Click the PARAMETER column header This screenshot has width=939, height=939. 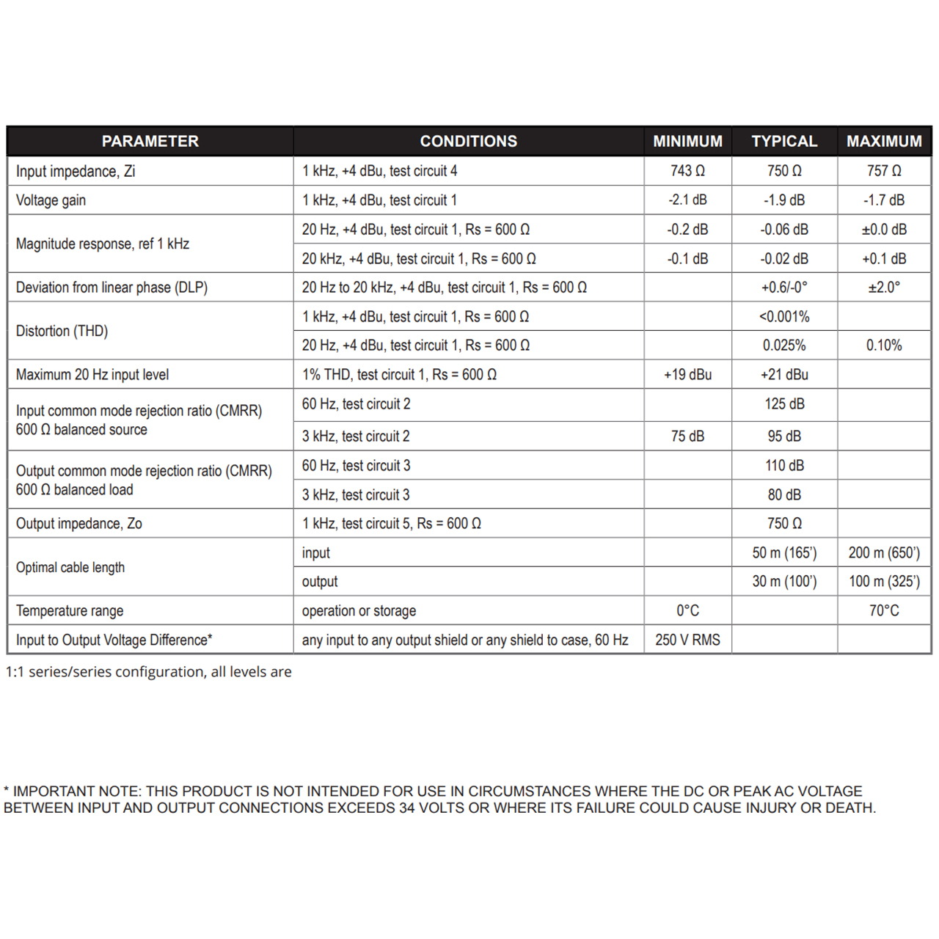(x=150, y=142)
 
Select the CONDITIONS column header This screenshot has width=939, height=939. (x=468, y=142)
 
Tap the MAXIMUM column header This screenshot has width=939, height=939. (x=884, y=142)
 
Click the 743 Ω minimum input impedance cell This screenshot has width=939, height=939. (x=687, y=171)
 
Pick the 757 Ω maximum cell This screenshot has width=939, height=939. (x=884, y=171)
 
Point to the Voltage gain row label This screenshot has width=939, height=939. (x=51, y=200)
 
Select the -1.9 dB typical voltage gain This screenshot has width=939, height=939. (x=783, y=200)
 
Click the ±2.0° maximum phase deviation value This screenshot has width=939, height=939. (x=884, y=288)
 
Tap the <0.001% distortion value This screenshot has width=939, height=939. (x=783, y=317)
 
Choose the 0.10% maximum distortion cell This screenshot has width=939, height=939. (x=884, y=346)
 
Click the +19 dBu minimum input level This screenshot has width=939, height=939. (x=687, y=375)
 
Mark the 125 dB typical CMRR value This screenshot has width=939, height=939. (x=784, y=404)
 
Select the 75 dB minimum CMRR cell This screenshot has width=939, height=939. (x=687, y=436)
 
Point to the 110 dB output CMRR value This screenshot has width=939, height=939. (x=784, y=466)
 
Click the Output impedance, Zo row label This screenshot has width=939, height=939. (x=79, y=524)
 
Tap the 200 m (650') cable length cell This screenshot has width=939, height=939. (x=884, y=553)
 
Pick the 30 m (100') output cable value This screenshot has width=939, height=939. (x=784, y=582)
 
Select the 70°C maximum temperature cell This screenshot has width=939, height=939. (x=884, y=611)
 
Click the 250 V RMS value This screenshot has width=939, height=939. (x=687, y=640)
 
